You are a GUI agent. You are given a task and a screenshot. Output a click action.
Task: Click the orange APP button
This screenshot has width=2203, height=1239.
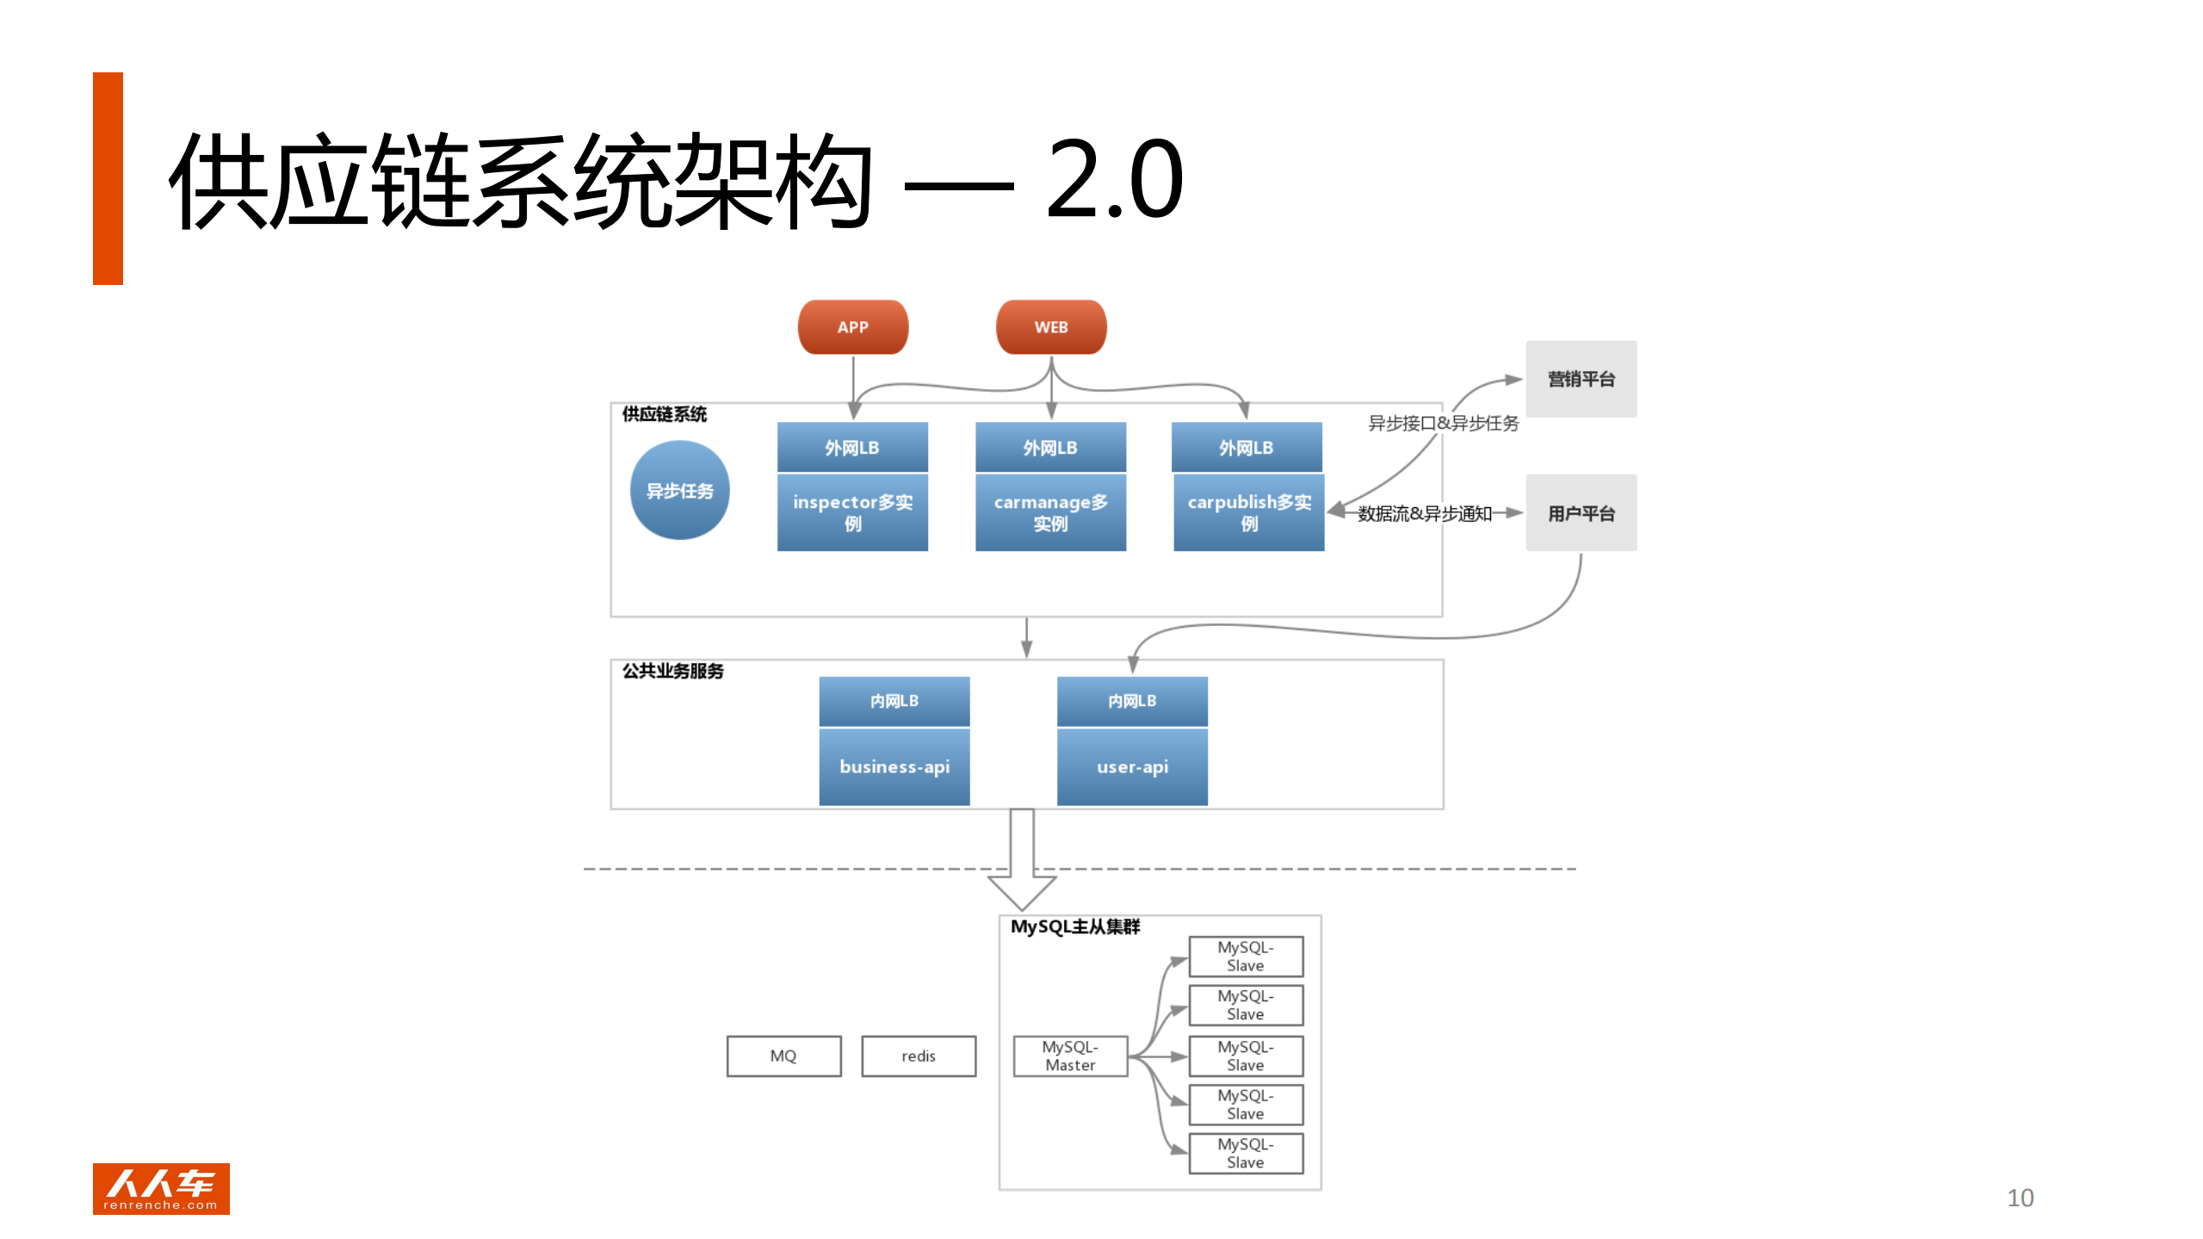pyautogui.click(x=852, y=327)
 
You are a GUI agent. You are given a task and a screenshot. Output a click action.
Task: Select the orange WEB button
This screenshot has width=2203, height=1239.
pyautogui.click(x=1050, y=327)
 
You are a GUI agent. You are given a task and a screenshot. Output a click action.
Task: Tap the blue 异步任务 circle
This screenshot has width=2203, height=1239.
pyautogui.click(x=679, y=490)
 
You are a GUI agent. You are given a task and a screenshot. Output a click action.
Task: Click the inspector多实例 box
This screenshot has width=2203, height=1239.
pyautogui.click(x=852, y=512)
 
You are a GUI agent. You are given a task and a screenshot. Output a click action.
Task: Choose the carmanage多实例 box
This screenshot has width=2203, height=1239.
pyautogui.click(x=1050, y=512)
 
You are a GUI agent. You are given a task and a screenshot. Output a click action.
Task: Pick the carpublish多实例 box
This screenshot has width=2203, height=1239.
pyautogui.click(x=1248, y=512)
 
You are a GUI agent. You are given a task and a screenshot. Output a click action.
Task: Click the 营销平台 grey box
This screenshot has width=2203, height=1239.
pyautogui.click(x=1581, y=379)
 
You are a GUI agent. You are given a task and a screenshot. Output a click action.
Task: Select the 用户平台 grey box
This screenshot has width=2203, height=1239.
pyautogui.click(x=1581, y=513)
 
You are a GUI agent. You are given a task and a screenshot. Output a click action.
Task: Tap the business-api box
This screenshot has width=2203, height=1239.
pyautogui.click(x=894, y=766)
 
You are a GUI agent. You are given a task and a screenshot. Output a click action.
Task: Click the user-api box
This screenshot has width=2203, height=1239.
pyautogui.click(x=1132, y=766)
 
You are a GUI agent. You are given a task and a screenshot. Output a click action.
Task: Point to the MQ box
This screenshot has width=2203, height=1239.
pyautogui.click(x=783, y=1056)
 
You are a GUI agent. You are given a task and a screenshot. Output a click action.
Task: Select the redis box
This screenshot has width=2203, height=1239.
pyautogui.click(x=919, y=1056)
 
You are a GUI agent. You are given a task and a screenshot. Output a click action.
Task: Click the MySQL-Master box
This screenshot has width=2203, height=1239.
pyautogui.click(x=1070, y=1056)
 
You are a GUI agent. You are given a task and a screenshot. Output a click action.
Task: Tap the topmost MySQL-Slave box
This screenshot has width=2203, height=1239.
pyautogui.click(x=1246, y=956)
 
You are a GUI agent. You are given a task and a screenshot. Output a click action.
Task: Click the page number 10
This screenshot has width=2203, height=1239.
pyautogui.click(x=2020, y=1198)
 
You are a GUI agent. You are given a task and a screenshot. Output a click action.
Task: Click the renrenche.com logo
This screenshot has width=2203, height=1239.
pyautogui.click(x=161, y=1189)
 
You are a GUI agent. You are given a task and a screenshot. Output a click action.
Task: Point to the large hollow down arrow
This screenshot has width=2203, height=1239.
pyautogui.click(x=1022, y=861)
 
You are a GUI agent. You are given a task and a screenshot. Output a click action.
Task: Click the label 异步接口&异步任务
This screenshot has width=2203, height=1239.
pyautogui.click(x=1443, y=423)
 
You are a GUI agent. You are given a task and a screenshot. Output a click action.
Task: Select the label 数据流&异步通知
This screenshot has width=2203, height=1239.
pyautogui.click(x=1424, y=514)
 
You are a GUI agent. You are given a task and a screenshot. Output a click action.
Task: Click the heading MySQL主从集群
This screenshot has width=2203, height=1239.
pyautogui.click(x=1074, y=926)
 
